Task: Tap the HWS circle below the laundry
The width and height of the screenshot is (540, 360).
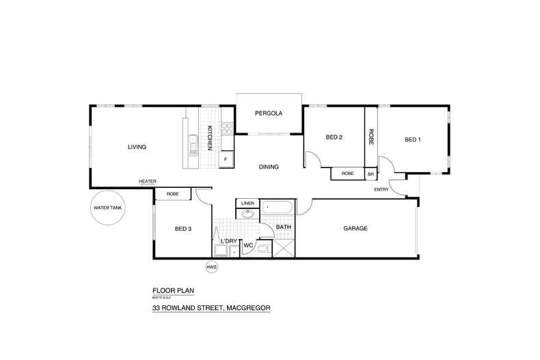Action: click(x=212, y=267)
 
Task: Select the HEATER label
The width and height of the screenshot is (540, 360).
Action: click(x=148, y=181)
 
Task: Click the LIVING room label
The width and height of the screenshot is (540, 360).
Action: click(x=137, y=147)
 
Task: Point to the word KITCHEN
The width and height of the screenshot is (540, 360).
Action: click(x=211, y=138)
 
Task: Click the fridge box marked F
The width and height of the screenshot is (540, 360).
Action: click(x=224, y=160)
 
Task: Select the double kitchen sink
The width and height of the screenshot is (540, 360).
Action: click(x=193, y=143)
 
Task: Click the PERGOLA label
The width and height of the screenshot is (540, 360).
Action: click(x=269, y=113)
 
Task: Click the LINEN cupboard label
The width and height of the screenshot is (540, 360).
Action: click(x=247, y=203)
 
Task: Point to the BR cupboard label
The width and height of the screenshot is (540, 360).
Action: click(x=370, y=174)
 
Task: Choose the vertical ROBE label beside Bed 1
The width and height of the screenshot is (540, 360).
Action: click(x=370, y=138)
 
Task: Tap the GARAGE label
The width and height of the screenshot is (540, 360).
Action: click(x=355, y=228)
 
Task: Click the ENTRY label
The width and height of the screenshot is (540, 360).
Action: click(x=381, y=189)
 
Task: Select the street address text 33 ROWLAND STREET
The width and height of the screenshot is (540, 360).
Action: click(x=211, y=307)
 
